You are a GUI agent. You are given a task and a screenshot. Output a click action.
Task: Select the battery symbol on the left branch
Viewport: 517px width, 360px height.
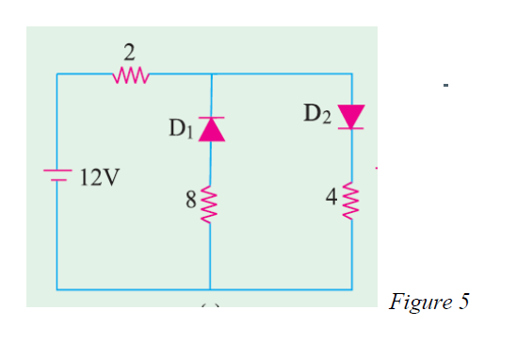click(58, 175)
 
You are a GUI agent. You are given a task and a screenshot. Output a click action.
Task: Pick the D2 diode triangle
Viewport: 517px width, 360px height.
click(351, 116)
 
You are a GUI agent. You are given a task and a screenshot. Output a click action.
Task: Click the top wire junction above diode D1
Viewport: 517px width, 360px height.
click(209, 74)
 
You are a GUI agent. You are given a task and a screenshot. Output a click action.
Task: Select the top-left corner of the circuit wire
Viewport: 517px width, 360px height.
click(58, 74)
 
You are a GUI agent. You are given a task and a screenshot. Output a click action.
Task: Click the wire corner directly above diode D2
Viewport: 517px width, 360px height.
click(352, 74)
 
